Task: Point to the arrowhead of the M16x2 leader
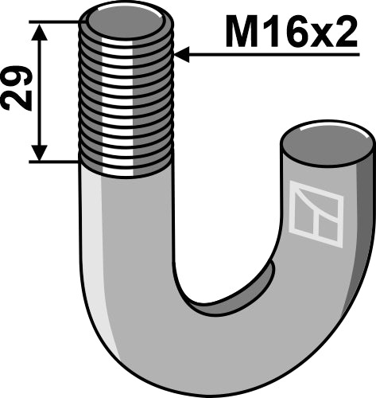(180, 56)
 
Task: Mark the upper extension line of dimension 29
(56, 21)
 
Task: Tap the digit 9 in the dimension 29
(20, 78)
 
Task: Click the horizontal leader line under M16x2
(270, 56)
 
